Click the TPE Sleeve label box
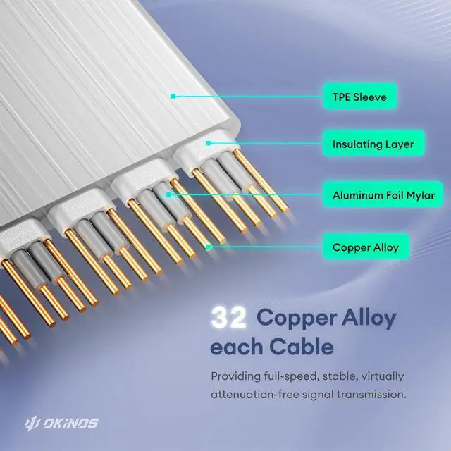point(359,97)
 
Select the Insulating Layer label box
point(373,144)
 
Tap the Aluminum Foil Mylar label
point(383,194)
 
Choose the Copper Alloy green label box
point(365,247)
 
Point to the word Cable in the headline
point(293,347)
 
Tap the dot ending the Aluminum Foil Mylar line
point(169,193)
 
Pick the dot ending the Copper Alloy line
point(209,247)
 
